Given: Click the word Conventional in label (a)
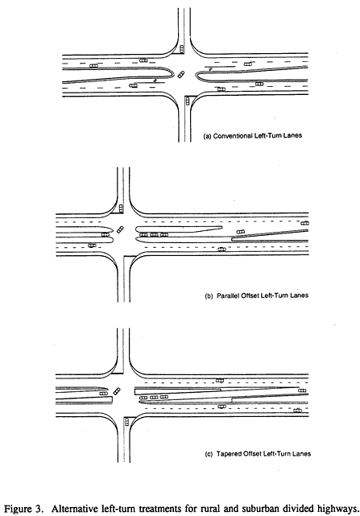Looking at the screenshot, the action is [234, 136].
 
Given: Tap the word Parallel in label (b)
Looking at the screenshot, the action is [228, 295].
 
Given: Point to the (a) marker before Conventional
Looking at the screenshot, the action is [208, 136].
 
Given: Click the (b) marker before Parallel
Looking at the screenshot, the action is [209, 296].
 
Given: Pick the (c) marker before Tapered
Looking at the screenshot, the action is [209, 454].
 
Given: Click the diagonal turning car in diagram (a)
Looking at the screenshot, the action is [181, 75].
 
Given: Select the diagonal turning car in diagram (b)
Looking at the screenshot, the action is [120, 229].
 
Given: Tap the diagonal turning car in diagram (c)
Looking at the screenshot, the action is [117, 391].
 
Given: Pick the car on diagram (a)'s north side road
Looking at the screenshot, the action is [181, 49].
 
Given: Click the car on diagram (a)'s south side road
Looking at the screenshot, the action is [188, 101].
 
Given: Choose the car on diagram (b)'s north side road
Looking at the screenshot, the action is [121, 208].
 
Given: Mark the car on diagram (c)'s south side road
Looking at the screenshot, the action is [126, 422].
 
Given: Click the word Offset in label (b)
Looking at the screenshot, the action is [250, 295].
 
